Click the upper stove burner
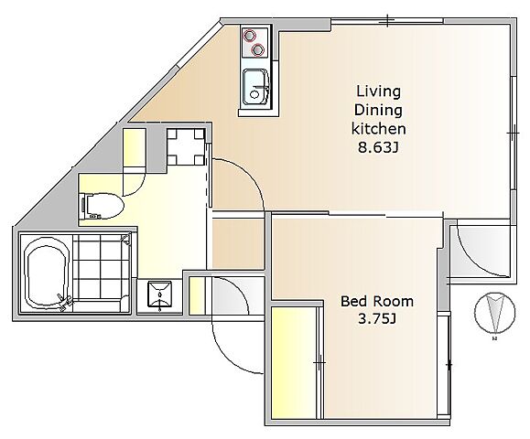pyautogui.click(x=250, y=35)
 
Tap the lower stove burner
pyautogui.click(x=257, y=50)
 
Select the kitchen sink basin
pyautogui.click(x=256, y=88)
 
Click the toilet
pyautogui.click(x=101, y=206)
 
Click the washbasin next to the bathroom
pyautogui.click(x=159, y=295)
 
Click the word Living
pyautogui.click(x=379, y=91)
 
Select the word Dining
pyautogui.click(x=378, y=111)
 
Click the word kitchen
pyautogui.click(x=379, y=129)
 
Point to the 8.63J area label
pyautogui.click(x=377, y=147)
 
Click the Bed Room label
pyautogui.click(x=377, y=301)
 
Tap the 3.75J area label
pyautogui.click(x=377, y=319)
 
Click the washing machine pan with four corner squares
pyautogui.click(x=186, y=146)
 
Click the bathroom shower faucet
pyautogui.click(x=65, y=302)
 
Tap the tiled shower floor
pyautogui.click(x=101, y=266)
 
